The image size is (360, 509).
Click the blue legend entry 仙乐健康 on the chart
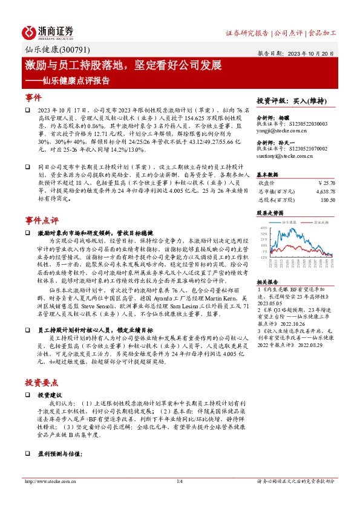pyautogui.click(x=290, y=222)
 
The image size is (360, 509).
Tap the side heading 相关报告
pyautogui.click(x=267, y=282)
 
